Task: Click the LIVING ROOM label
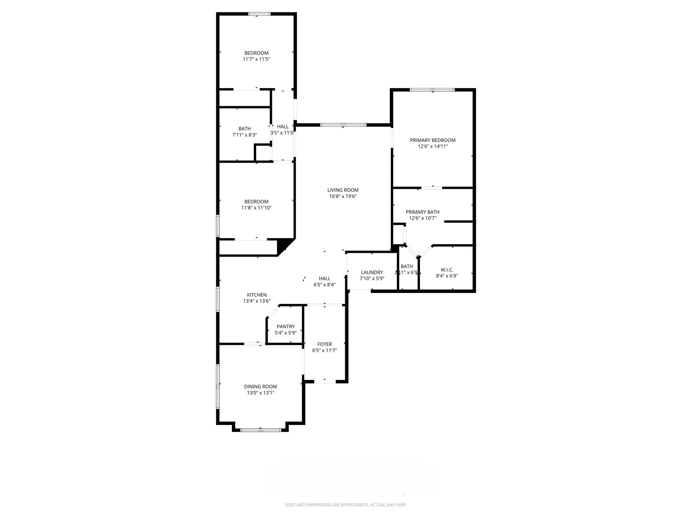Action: (x=343, y=190)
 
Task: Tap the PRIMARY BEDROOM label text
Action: (x=432, y=140)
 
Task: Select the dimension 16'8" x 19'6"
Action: (x=343, y=196)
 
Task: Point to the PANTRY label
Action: (x=286, y=326)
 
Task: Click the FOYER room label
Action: (x=324, y=344)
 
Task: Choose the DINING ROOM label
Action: (x=261, y=387)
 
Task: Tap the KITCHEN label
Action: (x=257, y=295)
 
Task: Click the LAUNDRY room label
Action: (x=372, y=272)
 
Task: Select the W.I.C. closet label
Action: (x=447, y=270)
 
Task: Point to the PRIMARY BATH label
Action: (x=422, y=212)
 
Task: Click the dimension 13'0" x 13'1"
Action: (x=261, y=393)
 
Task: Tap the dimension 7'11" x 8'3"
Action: (x=245, y=135)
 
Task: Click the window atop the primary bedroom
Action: (x=432, y=90)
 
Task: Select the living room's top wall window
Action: (x=343, y=125)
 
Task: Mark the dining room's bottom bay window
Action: (x=261, y=430)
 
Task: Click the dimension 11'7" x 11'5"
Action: (x=256, y=59)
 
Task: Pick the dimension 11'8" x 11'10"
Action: (x=256, y=208)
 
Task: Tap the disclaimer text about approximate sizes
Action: (x=346, y=505)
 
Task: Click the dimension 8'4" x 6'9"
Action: (x=447, y=276)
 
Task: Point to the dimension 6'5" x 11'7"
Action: (x=324, y=350)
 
